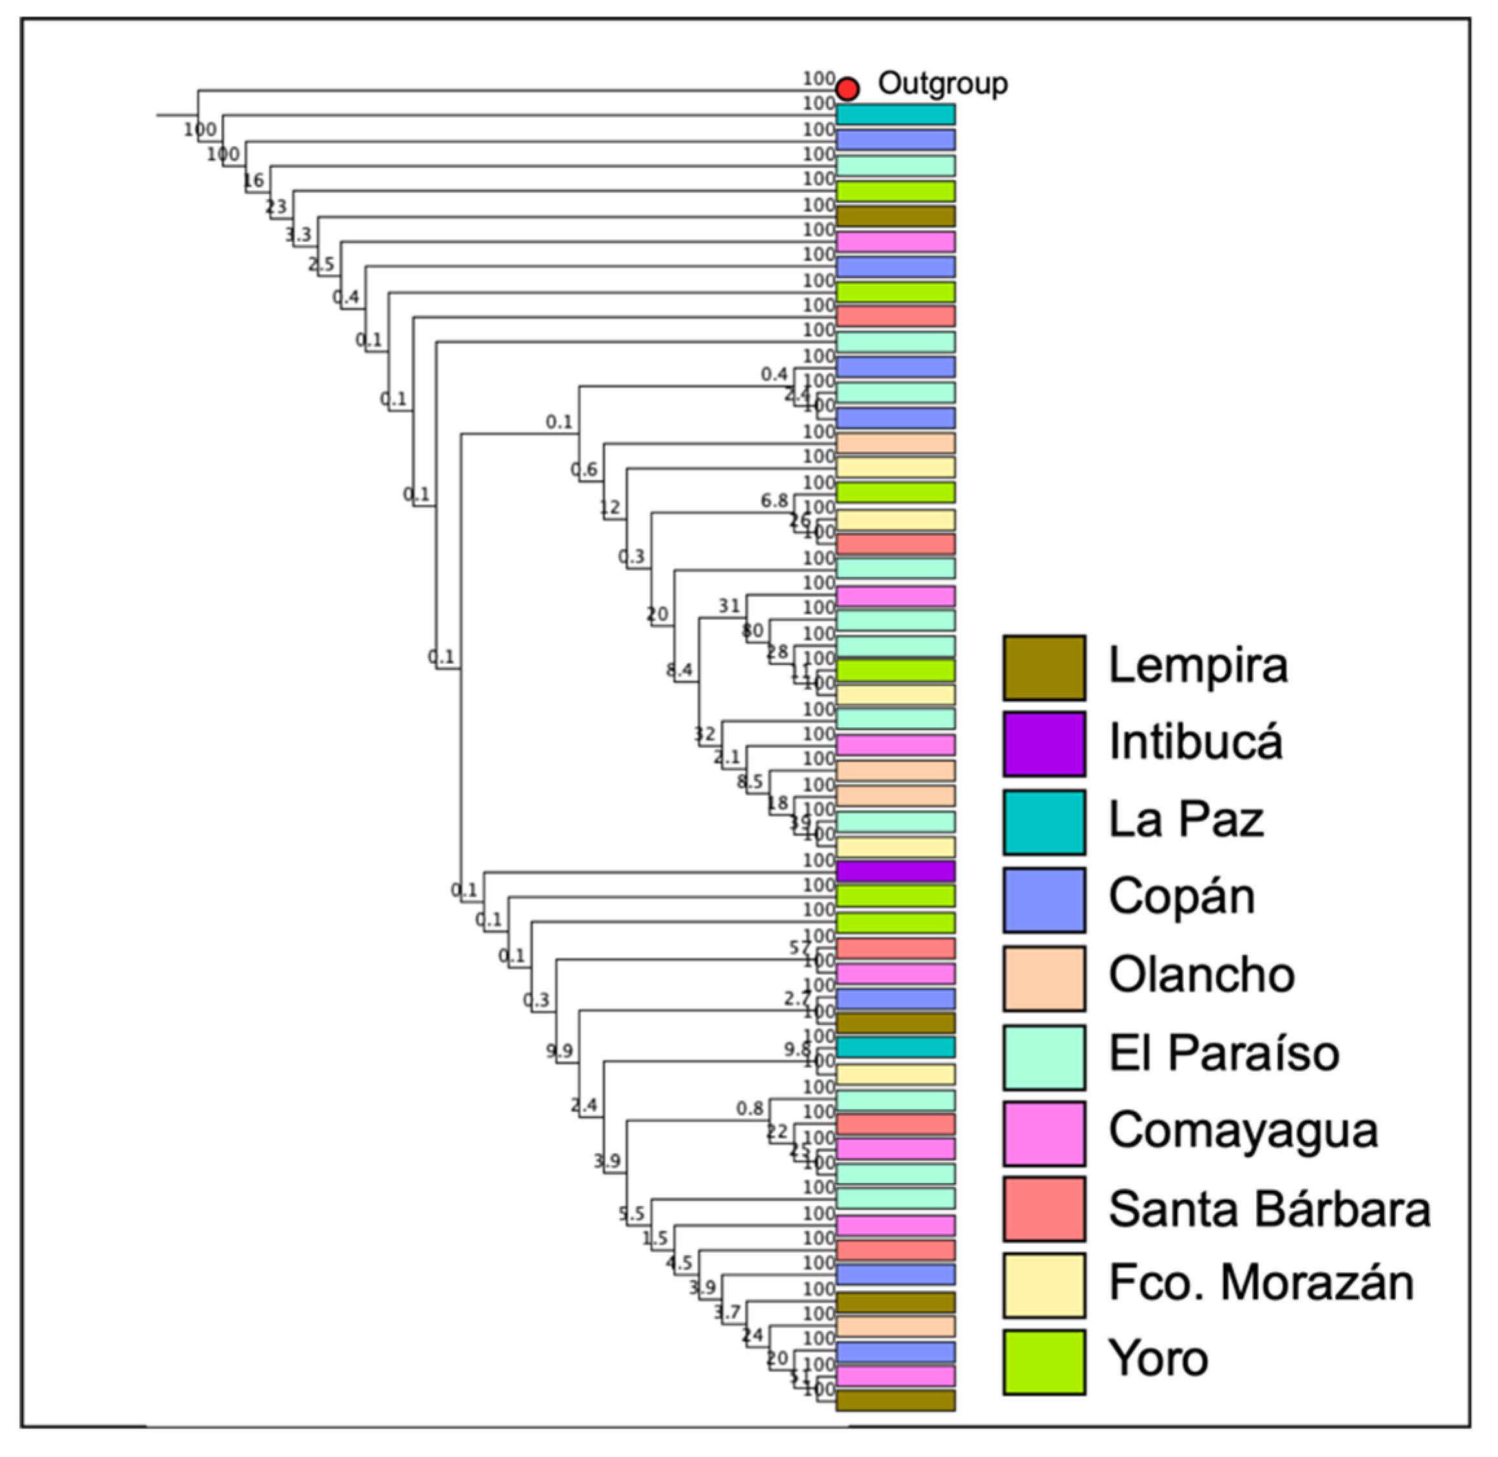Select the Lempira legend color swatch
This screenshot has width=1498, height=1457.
tap(1044, 667)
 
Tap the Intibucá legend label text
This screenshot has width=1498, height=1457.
tap(1195, 742)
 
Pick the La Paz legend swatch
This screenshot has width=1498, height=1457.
tap(1044, 823)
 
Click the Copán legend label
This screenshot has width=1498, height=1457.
tap(1182, 897)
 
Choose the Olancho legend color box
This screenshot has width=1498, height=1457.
tap(1044, 978)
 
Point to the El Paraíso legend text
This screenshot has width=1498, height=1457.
tap(1224, 1053)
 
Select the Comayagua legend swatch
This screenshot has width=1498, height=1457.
tap(1044, 1133)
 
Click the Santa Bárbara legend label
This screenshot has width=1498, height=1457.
tap(1269, 1209)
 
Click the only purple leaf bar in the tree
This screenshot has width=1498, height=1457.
tap(895, 871)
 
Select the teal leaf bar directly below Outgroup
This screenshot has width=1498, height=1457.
tap(895, 115)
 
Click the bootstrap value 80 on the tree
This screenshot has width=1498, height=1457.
tap(753, 630)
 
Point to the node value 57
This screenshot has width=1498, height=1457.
tap(798, 948)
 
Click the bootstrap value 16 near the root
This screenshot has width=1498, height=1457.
tap(253, 180)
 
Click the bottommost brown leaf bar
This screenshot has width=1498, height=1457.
tap(895, 1400)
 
